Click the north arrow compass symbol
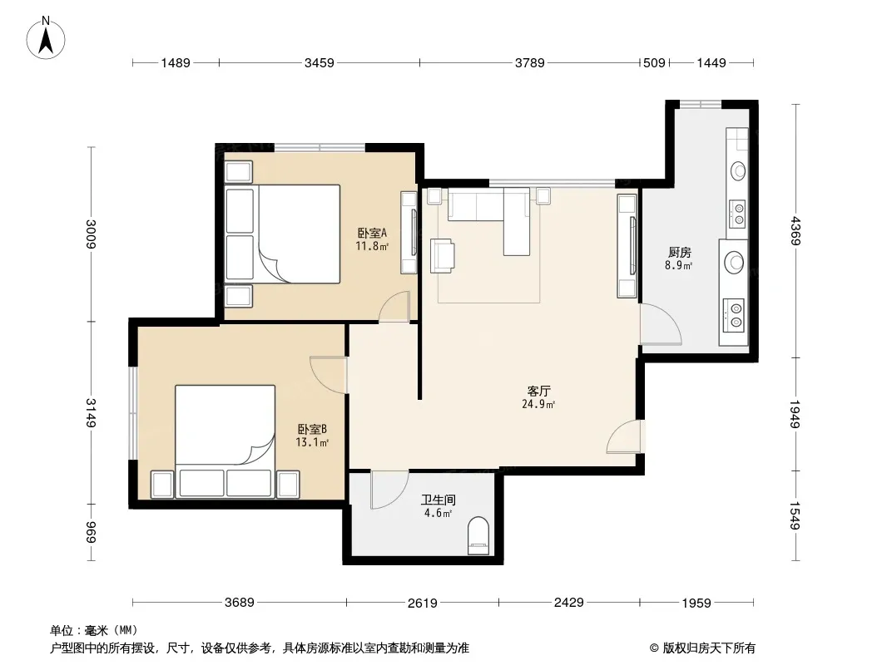tap(46, 38)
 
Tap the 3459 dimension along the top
tap(319, 62)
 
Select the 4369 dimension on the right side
tap(796, 230)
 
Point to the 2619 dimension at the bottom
tap(423, 603)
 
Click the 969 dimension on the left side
tap(91, 532)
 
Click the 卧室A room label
tap(372, 233)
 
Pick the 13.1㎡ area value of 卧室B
tap(312, 442)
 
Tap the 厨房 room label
tap(679, 252)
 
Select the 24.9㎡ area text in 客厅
tap(538, 404)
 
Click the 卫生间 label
tap(438, 500)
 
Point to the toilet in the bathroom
tap(478, 535)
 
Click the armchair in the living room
tap(442, 256)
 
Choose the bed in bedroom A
tap(282, 234)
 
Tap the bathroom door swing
tap(389, 490)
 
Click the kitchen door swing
tap(660, 323)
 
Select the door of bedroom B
tap(328, 375)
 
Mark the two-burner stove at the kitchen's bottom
tap(736, 315)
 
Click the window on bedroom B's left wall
tap(132, 414)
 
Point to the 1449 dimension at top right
tap(711, 62)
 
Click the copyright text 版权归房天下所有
tap(709, 648)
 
